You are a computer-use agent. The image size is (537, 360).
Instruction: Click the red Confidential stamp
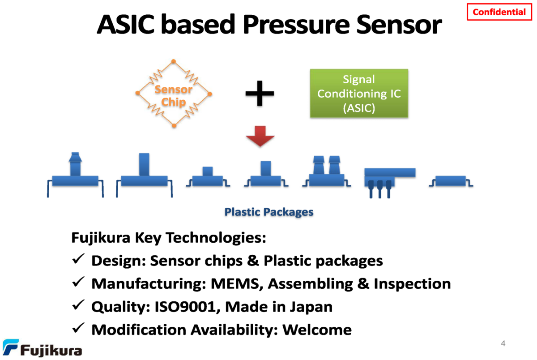[499, 12]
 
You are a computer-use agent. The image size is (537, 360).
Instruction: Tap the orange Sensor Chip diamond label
[174, 95]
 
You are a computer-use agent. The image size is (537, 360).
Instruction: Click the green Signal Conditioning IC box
[359, 94]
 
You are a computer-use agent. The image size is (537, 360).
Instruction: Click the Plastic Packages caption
[268, 212]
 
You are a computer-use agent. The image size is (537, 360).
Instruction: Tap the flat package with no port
[451, 181]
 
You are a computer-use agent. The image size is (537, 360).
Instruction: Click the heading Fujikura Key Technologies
[169, 238]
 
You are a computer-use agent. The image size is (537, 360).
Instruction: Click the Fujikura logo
[42, 348]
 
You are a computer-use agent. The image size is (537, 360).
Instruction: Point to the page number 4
[503, 344]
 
